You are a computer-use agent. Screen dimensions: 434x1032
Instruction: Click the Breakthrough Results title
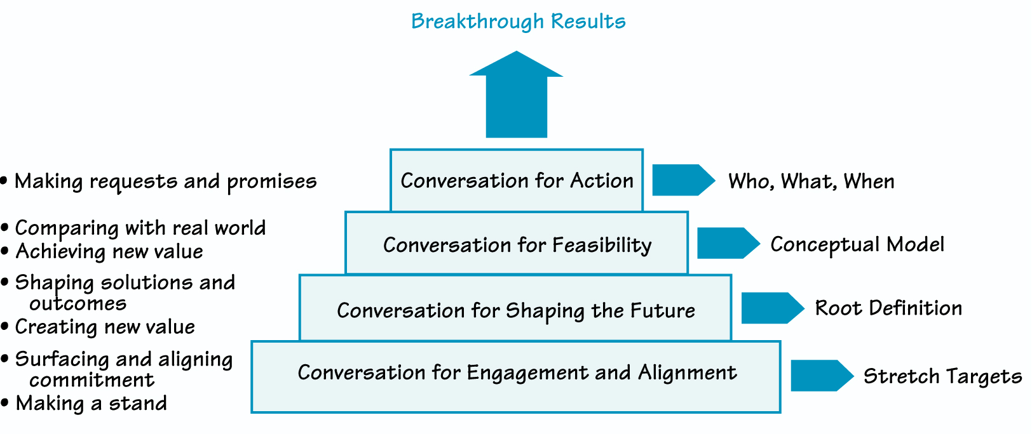pos(518,22)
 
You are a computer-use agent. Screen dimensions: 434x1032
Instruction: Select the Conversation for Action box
pos(517,181)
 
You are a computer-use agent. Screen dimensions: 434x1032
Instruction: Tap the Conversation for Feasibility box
pos(517,245)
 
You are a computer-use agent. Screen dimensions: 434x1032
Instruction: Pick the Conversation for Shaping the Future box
pos(515,310)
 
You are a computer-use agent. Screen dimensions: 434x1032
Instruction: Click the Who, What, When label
pos(811,182)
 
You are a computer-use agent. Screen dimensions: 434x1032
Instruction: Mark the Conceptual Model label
pos(857,245)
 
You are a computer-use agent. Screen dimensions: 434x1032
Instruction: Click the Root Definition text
pos(888,308)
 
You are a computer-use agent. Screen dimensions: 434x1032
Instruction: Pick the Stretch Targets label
pos(942,376)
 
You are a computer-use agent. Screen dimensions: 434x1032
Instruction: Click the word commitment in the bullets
pos(92,380)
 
